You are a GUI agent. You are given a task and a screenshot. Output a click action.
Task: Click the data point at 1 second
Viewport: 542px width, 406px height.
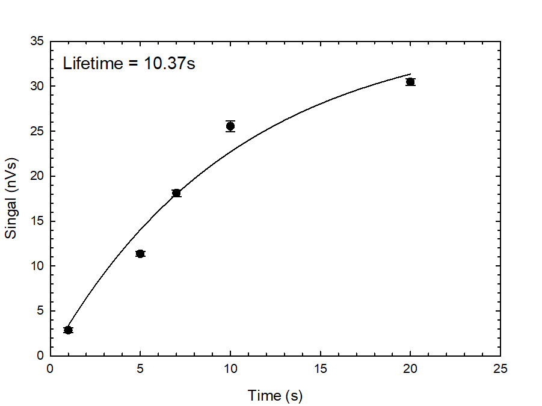point(68,330)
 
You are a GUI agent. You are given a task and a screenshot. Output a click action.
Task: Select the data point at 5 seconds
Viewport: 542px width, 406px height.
point(140,254)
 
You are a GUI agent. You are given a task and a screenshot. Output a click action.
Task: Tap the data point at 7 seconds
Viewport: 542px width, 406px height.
point(176,193)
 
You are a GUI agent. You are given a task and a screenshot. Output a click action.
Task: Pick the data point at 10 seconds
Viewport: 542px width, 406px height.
point(230,126)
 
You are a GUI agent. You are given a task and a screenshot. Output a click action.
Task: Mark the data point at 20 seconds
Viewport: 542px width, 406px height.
point(410,82)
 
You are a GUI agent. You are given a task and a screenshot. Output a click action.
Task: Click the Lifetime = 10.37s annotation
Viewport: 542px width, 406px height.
point(129,63)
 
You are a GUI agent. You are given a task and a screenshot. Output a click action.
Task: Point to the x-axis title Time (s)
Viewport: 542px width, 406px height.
point(275,396)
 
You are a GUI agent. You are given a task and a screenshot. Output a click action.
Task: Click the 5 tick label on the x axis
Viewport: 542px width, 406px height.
point(140,369)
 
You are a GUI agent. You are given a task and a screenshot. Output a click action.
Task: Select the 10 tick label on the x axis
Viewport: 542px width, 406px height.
point(230,369)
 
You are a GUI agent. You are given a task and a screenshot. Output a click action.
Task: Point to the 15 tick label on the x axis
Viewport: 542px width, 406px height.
point(320,369)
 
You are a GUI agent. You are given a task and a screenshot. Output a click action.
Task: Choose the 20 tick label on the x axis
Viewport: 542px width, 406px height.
point(410,369)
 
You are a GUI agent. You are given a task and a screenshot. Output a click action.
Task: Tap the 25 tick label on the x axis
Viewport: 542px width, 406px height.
point(500,369)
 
